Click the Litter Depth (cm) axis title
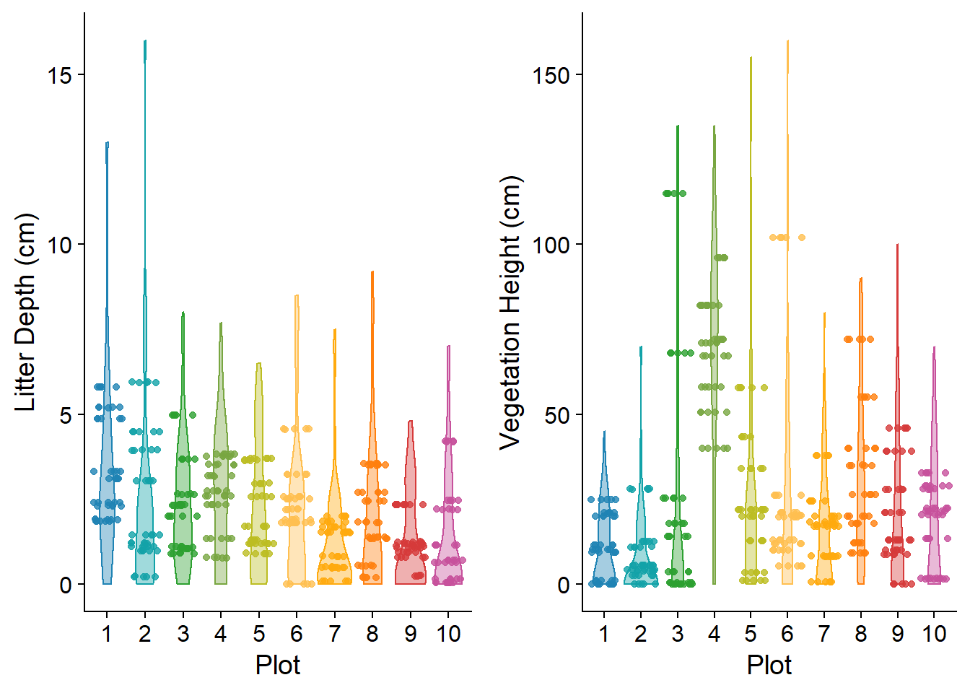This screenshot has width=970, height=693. tap(26, 312)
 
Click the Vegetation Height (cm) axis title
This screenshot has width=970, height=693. tap(510, 312)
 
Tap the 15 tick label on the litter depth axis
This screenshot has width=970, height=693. tap(60, 75)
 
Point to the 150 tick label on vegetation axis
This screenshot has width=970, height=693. tap(551, 75)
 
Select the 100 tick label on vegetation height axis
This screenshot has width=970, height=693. tap(551, 245)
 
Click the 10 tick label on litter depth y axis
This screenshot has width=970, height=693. tap(60, 245)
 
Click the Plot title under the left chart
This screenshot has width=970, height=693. tap(277, 665)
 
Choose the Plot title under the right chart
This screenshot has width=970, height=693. tap(769, 665)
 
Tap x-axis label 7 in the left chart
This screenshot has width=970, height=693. tap(334, 634)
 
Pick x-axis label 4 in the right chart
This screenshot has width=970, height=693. tap(714, 634)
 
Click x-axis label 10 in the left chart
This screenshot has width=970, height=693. tap(448, 634)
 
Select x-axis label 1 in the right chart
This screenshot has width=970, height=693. tap(604, 634)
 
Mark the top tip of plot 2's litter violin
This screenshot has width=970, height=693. tap(145, 42)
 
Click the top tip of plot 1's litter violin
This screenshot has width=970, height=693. tap(108, 144)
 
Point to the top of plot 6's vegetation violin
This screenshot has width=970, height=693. tap(787, 42)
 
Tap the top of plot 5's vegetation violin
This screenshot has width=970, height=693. tap(751, 58)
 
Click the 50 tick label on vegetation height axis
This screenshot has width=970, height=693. tap(556, 415)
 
